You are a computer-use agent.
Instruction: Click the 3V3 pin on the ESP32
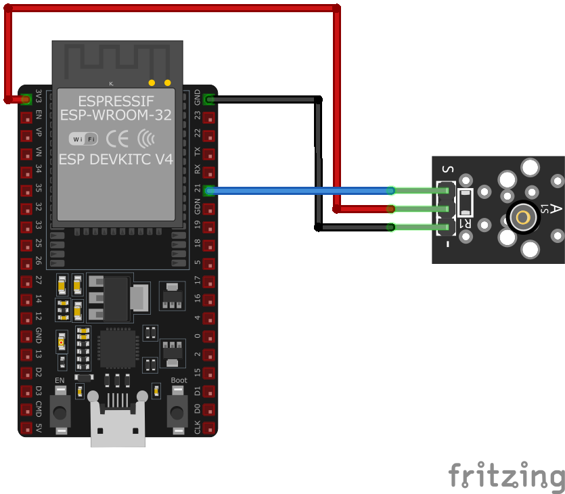[26, 99]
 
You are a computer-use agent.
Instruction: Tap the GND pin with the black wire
[209, 99]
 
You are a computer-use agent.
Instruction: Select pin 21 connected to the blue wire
[209, 191]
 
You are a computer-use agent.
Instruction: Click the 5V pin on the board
[26, 428]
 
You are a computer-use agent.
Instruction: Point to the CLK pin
[209, 428]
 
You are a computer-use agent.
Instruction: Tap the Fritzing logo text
[506, 475]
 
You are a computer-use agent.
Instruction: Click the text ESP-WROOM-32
[116, 115]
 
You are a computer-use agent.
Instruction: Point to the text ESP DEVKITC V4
[116, 160]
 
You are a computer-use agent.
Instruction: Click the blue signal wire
[298, 191]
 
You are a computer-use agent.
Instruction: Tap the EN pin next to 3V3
[26, 117]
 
